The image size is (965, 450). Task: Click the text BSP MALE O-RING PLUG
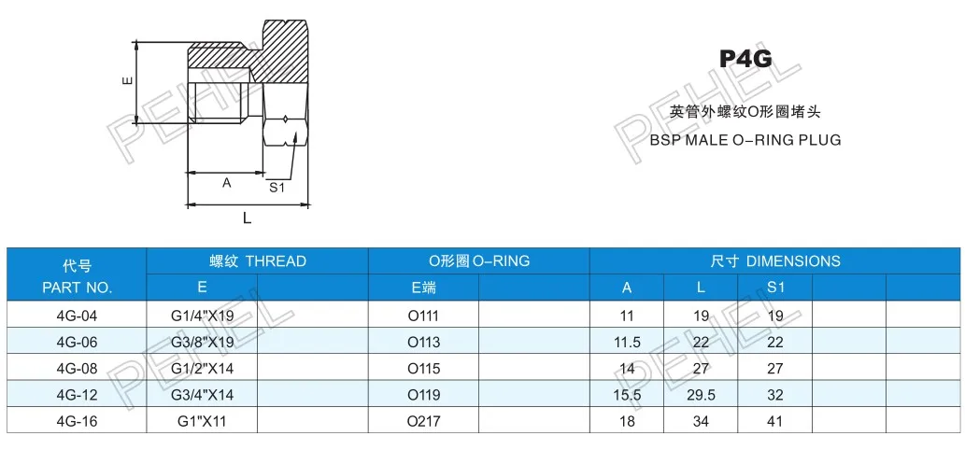(745, 140)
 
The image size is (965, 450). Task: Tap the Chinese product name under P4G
(745, 112)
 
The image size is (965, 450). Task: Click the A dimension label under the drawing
(226, 184)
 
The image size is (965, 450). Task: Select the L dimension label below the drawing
(247, 218)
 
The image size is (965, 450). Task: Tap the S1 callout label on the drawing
(277, 187)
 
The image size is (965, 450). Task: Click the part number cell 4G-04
(77, 316)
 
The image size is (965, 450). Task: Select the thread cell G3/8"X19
(203, 342)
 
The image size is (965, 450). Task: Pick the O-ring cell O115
(423, 369)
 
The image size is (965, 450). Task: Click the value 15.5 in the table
(627, 395)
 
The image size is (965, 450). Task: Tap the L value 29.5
(700, 395)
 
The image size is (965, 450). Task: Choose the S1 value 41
(775, 421)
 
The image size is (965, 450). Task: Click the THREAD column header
(257, 261)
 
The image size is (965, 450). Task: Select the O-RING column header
(478, 261)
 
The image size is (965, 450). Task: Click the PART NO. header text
(77, 288)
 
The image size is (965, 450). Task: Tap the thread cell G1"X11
(203, 421)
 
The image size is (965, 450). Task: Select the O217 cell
(423, 421)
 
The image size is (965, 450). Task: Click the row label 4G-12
(77, 395)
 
